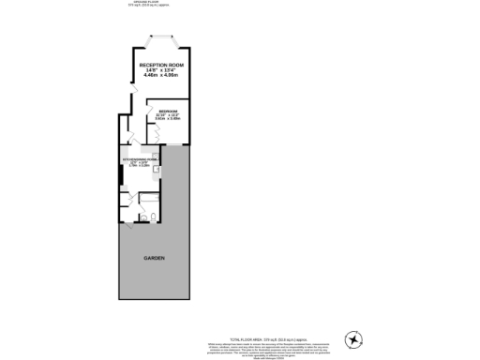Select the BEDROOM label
click(x=168, y=111)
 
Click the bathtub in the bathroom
click(x=150, y=200)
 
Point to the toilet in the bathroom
click(x=152, y=217)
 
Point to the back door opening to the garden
click(x=129, y=225)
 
